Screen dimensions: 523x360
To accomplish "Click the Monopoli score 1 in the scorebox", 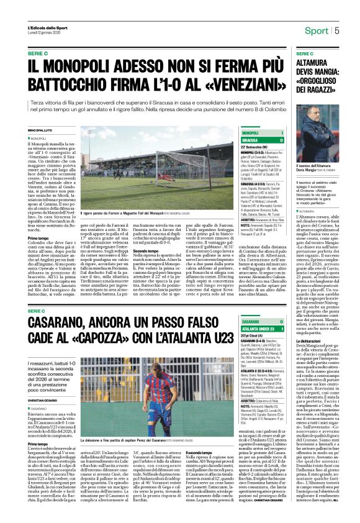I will click(x=282, y=133).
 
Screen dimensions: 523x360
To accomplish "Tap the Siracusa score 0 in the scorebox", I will click(x=282, y=140).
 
